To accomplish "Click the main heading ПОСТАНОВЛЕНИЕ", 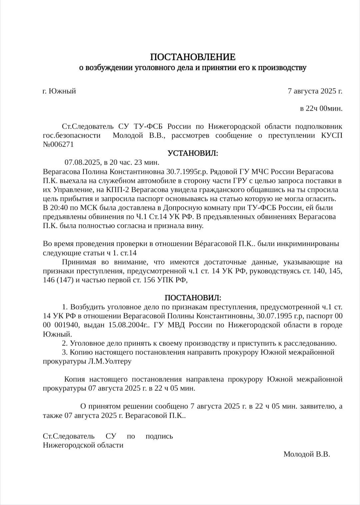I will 192,57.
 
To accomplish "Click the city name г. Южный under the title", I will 59,91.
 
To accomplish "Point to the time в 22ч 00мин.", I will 321,109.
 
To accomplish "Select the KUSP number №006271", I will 58,145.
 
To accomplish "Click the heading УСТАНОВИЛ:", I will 193,154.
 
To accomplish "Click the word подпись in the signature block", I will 159,436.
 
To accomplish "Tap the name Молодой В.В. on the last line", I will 307,454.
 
